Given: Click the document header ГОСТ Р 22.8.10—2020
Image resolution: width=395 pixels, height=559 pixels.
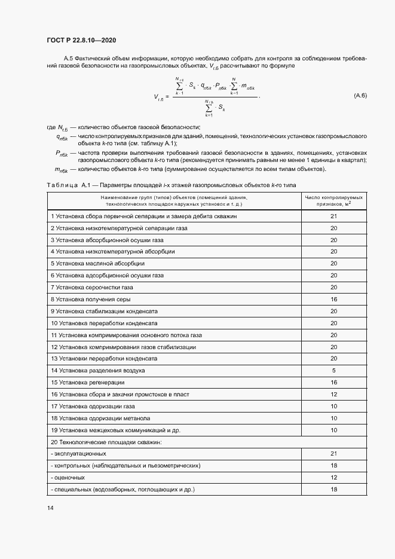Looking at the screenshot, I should click(x=81, y=40).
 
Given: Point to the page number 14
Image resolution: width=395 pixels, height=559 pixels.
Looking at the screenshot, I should click(x=50, y=508).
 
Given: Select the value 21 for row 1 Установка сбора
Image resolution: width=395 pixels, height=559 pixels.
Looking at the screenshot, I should click(x=334, y=216).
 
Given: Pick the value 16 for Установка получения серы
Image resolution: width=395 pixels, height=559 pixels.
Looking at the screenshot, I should click(x=334, y=299).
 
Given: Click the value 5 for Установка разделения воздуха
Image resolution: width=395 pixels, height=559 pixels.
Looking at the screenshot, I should click(x=334, y=371).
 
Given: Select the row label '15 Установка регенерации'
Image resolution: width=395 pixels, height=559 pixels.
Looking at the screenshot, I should click(x=88, y=383).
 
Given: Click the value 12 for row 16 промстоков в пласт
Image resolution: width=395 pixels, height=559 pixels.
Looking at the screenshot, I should click(x=334, y=395).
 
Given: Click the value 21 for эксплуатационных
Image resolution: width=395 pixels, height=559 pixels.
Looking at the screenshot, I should click(x=334, y=454).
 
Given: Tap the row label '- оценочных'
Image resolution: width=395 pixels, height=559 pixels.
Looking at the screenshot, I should click(x=68, y=478).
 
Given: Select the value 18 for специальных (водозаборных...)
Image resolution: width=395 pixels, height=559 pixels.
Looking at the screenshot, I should click(x=334, y=490).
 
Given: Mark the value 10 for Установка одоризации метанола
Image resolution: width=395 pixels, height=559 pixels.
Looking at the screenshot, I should click(x=334, y=419).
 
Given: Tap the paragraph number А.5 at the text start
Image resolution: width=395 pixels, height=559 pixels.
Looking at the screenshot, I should click(x=68, y=58).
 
